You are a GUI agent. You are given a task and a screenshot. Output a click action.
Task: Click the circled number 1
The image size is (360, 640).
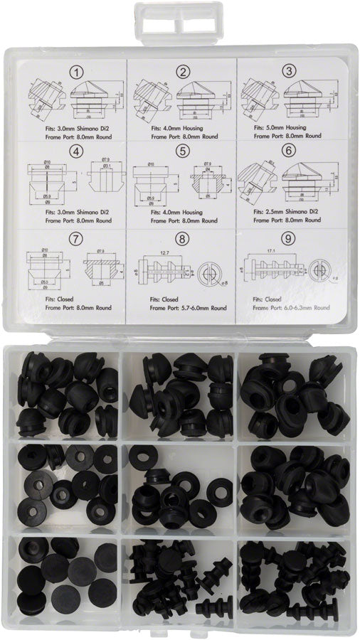[75, 71]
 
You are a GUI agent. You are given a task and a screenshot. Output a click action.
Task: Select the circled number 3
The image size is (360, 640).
[290, 70]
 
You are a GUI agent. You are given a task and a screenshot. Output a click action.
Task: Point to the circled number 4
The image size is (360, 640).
[75, 151]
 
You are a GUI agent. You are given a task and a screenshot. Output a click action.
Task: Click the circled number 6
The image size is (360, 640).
[290, 151]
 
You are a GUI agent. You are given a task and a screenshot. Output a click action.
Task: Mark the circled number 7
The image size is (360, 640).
[75, 237]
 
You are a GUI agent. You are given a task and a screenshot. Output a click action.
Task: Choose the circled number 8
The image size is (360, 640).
[182, 238]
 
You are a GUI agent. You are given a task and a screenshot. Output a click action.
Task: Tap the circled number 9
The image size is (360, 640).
[290, 238]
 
